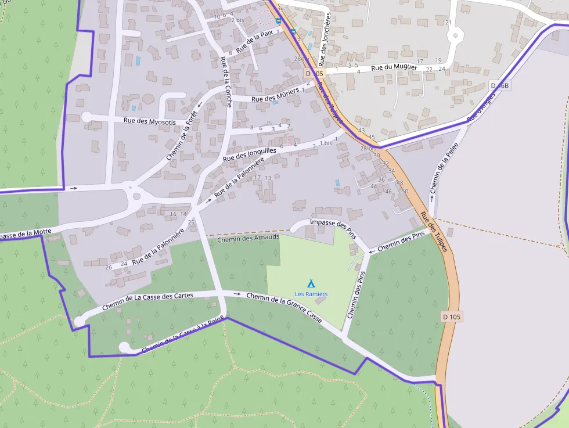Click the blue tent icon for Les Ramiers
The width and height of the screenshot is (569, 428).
(311, 284)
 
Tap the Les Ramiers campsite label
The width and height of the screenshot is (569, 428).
(311, 294)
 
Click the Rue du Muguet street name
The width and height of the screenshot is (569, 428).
(394, 67)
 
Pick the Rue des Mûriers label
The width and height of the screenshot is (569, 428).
(282, 95)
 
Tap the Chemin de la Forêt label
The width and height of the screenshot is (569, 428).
(182, 136)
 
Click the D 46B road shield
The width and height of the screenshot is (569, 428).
(499, 85)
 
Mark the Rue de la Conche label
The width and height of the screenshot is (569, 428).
(226, 82)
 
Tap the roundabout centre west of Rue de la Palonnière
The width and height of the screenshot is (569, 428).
(136, 196)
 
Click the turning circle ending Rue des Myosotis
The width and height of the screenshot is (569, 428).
(87, 117)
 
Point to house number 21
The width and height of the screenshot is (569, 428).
(448, 23)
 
